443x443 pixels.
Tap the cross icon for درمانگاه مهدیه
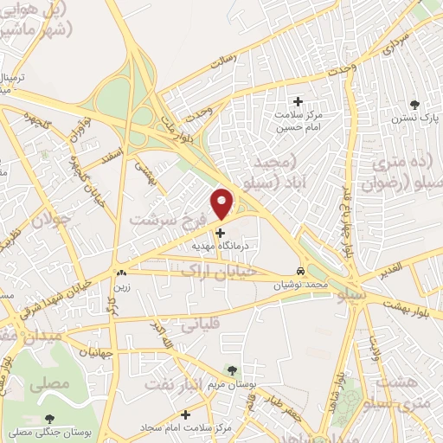pyautogui.click(x=221, y=232)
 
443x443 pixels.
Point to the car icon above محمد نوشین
pyautogui.click(x=300, y=270)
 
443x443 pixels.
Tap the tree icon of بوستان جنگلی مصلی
pyautogui.click(x=48, y=419)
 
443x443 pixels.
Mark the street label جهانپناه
pyautogui.click(x=95, y=352)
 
